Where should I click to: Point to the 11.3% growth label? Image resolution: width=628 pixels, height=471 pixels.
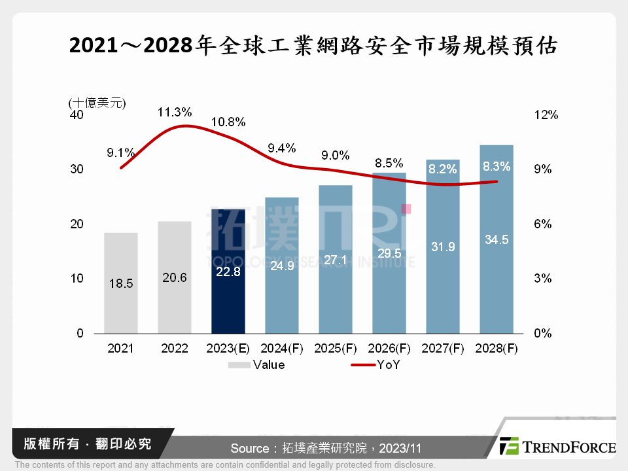coord(174,112)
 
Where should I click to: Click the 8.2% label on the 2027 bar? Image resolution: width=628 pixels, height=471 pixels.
coord(442,169)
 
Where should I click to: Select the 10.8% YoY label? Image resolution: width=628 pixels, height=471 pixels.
coord(228,122)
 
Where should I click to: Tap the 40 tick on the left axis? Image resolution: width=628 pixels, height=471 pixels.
coord(77,115)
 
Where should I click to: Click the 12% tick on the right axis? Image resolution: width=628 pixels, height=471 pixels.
coord(546,115)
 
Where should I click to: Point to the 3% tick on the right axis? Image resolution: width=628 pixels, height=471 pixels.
coord(544,279)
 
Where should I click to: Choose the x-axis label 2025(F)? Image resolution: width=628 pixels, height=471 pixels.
coord(336,349)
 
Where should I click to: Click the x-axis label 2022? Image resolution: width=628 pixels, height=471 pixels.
coord(175,349)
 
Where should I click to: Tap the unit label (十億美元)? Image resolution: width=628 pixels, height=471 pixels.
coord(97,102)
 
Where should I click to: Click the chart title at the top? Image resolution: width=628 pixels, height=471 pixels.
coord(313,46)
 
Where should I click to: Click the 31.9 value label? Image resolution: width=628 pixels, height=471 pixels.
coord(442,247)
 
